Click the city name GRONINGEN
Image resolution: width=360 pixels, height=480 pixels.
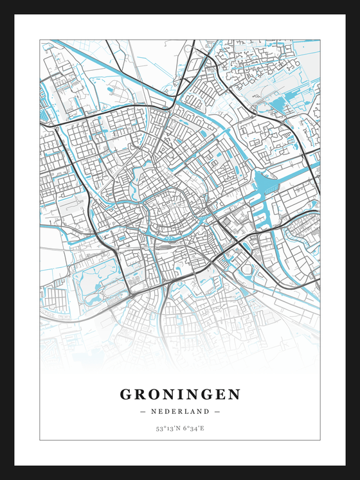click(180, 393)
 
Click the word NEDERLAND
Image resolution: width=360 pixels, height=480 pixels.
click(180, 411)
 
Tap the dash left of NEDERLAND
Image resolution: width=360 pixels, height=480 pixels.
click(143, 411)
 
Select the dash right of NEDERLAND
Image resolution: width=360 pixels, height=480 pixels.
click(217, 411)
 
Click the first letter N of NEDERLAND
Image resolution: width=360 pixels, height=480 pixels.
click(154, 411)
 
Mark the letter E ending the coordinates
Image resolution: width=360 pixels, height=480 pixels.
click(203, 428)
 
